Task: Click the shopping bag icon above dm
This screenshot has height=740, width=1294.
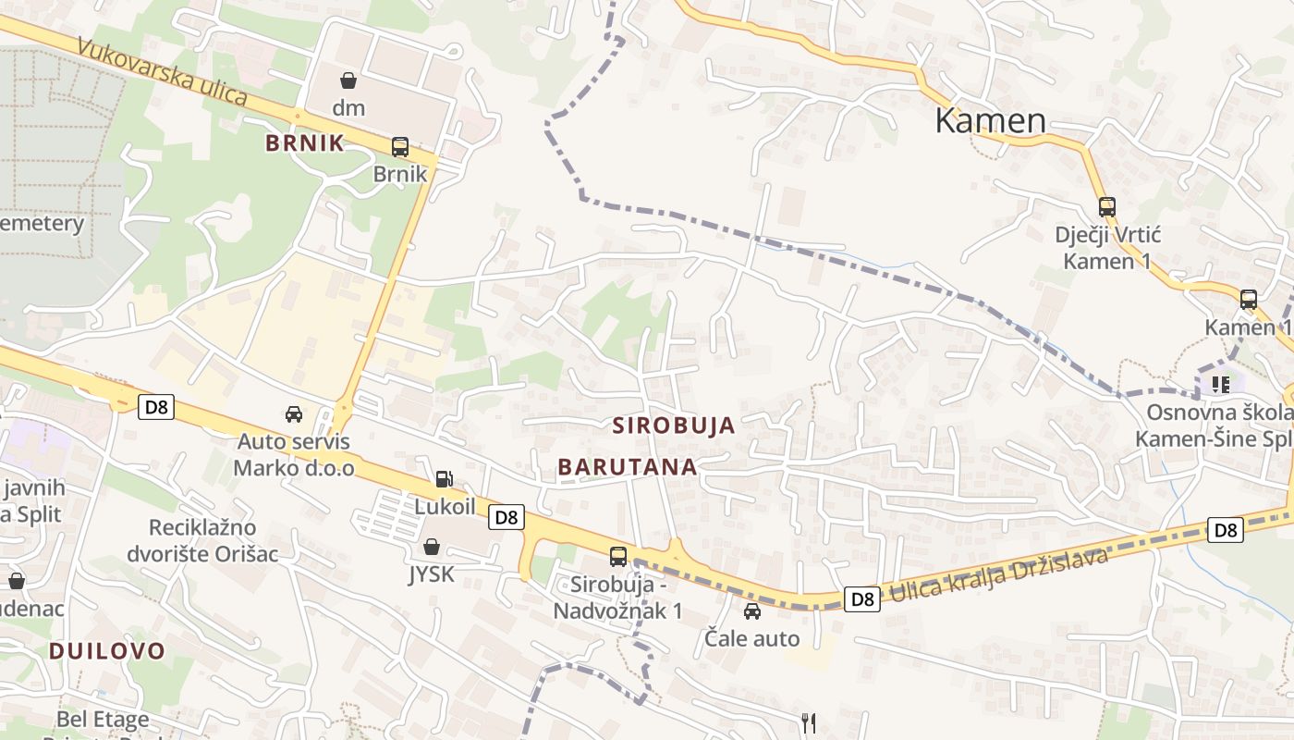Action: click(x=348, y=80)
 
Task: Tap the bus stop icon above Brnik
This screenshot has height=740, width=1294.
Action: click(x=400, y=146)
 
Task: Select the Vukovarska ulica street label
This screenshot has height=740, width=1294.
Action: click(x=163, y=71)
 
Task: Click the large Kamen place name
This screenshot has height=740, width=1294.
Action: click(x=990, y=120)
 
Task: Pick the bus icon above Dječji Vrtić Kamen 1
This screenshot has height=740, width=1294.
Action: click(x=1106, y=207)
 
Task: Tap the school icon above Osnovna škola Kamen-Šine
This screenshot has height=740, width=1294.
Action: click(x=1220, y=384)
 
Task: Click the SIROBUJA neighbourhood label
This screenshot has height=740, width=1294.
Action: click(x=674, y=425)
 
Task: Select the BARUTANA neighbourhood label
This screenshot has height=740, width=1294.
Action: click(x=627, y=467)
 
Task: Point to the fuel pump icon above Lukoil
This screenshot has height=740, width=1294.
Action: click(x=445, y=479)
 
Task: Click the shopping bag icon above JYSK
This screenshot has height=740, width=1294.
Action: click(x=432, y=547)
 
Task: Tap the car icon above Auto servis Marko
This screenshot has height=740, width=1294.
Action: click(x=294, y=413)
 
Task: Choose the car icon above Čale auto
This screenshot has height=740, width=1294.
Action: click(x=752, y=610)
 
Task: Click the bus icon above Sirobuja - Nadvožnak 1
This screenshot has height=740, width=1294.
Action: click(x=617, y=557)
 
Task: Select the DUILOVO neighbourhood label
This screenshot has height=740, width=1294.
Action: click(x=106, y=650)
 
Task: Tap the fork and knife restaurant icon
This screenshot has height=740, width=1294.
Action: click(x=809, y=721)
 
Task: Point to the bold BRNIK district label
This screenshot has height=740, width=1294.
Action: click(x=304, y=142)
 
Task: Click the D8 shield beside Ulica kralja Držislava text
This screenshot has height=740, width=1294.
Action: click(x=862, y=599)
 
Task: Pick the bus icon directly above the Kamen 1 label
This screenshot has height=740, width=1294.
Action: click(x=1248, y=300)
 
